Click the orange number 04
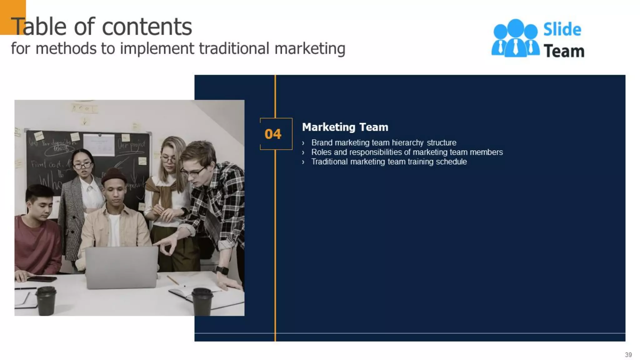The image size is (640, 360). (273, 134)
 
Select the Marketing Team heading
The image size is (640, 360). (345, 127)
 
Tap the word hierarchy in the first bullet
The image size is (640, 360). (407, 143)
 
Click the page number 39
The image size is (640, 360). (628, 355)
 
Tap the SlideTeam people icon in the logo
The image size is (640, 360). (515, 38)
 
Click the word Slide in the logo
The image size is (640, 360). (562, 29)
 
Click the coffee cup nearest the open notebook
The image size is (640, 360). (202, 302)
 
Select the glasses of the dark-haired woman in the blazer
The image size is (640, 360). (82, 165)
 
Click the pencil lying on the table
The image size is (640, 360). (173, 280)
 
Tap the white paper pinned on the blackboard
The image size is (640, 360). (99, 145)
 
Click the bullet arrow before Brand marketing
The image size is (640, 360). (303, 143)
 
